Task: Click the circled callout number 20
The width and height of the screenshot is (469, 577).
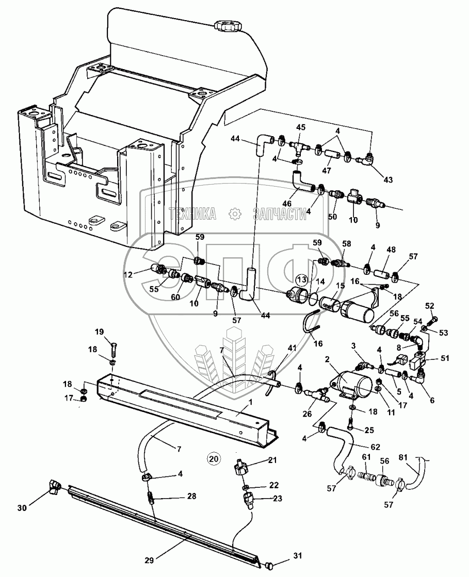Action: click(x=213, y=457)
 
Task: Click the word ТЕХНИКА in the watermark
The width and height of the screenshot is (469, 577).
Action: click(x=192, y=213)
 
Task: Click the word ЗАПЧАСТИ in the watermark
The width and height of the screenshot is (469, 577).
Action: click(x=279, y=213)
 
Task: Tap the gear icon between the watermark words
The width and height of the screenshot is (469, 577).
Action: click(x=235, y=213)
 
